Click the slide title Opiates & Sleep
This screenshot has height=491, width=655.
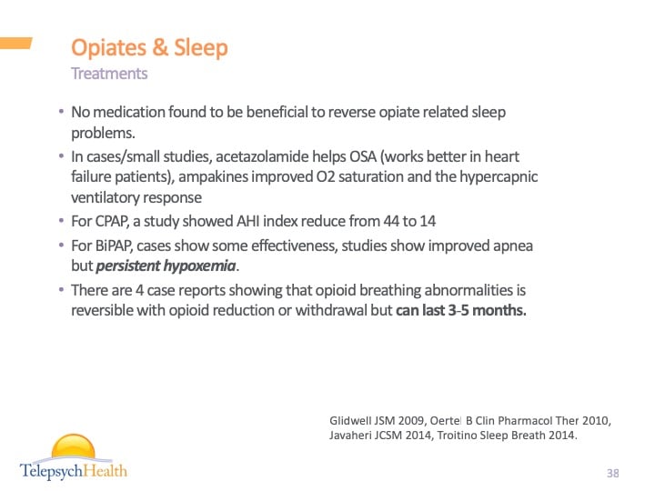click(x=149, y=47)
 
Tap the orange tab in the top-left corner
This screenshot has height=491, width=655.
click(x=16, y=42)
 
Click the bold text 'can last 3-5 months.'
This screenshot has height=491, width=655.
click(x=461, y=310)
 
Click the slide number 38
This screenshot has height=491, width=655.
click(x=612, y=473)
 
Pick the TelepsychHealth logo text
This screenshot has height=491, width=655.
click(x=74, y=470)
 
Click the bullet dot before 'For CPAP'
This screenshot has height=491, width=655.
click(x=61, y=220)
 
